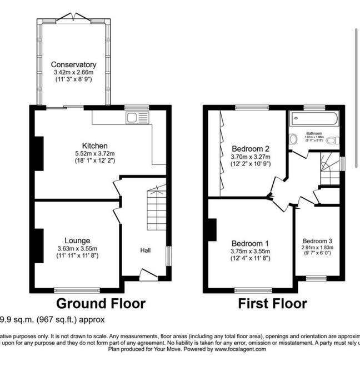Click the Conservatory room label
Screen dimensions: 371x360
(74, 64)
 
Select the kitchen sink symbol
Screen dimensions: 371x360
(134, 117)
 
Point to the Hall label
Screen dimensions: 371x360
(145, 251)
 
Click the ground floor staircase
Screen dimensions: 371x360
(157, 211)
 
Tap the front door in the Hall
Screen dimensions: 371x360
(148, 274)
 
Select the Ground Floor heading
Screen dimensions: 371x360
(101, 304)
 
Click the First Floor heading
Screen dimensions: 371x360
(272, 304)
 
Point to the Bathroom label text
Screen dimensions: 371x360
(314, 134)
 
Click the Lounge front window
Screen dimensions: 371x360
(77, 289)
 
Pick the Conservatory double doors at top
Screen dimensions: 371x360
(73, 16)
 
